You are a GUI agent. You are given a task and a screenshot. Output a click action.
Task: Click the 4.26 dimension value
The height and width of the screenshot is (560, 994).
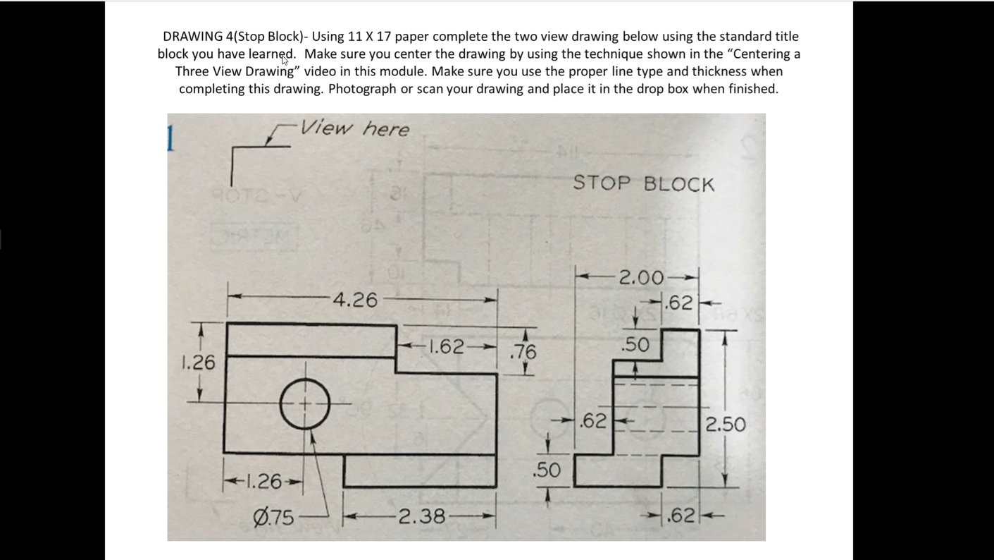[x=355, y=300]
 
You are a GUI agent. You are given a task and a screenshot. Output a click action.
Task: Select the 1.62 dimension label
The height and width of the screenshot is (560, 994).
[x=447, y=346]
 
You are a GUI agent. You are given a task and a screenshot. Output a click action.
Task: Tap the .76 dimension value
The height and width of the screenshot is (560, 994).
[x=523, y=351]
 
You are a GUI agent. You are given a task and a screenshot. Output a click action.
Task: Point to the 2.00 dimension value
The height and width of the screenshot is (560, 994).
[x=640, y=277]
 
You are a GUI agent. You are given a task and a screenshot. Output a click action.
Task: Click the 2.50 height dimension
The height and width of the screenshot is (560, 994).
[x=726, y=424]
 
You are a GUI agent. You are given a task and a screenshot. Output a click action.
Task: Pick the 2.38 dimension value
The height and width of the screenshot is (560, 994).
[x=421, y=516]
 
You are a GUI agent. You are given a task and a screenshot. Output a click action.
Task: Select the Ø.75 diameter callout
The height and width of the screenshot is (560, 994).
[x=273, y=517]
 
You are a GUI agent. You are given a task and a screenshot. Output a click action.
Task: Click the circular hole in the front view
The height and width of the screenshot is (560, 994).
[x=305, y=404]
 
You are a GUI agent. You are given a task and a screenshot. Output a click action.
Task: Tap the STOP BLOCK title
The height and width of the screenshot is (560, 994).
[x=643, y=184]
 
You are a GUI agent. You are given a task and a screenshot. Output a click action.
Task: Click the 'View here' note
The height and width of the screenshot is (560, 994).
[x=354, y=128]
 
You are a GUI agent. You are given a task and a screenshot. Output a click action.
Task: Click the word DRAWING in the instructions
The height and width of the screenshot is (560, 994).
[x=192, y=36]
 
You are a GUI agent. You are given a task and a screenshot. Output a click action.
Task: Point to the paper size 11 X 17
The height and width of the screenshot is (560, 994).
[x=369, y=36]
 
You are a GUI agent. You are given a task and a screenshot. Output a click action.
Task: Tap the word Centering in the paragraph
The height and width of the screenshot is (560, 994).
[x=763, y=54]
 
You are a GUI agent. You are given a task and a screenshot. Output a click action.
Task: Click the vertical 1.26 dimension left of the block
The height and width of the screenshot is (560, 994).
[x=198, y=362]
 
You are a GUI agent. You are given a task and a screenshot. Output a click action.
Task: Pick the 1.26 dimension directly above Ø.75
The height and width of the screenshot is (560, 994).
[x=263, y=481]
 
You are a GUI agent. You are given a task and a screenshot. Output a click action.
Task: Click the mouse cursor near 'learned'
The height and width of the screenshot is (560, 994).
[x=285, y=59]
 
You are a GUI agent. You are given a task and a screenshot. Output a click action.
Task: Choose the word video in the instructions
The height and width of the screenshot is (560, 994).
[x=320, y=71]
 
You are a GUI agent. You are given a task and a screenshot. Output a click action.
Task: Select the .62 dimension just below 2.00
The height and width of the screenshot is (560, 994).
[x=680, y=303]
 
